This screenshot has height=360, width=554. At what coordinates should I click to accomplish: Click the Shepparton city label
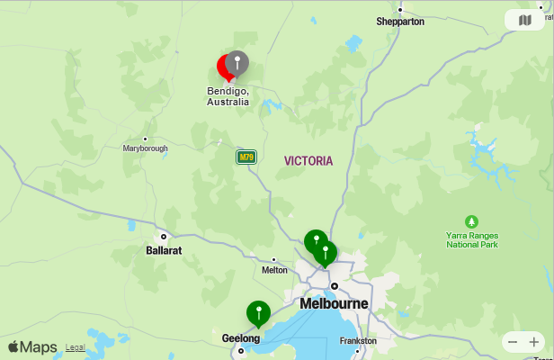[400, 21]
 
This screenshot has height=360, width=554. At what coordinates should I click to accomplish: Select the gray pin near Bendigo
[237, 62]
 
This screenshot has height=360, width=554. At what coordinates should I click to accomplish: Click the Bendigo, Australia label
[228, 96]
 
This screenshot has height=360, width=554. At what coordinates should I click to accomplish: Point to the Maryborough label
[145, 148]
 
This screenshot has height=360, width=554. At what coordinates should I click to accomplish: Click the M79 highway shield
[246, 157]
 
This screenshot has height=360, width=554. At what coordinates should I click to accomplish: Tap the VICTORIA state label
[308, 161]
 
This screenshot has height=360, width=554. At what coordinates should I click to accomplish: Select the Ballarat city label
[164, 250]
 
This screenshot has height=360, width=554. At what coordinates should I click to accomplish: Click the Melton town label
[274, 270]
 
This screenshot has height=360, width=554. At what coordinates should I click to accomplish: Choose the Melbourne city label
[334, 303]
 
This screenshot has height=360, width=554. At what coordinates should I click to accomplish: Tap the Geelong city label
[240, 338]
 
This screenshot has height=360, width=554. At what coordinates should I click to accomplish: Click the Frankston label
[358, 341]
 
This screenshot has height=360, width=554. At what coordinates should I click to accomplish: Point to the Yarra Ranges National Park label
[472, 239]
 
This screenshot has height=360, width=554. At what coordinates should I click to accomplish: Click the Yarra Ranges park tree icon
[472, 221]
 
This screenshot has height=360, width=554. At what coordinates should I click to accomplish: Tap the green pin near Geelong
[258, 313]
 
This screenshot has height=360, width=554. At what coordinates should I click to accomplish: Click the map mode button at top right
[525, 20]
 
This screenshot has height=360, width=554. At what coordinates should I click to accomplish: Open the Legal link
[75, 347]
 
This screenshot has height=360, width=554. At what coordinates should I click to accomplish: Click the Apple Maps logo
[32, 347]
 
